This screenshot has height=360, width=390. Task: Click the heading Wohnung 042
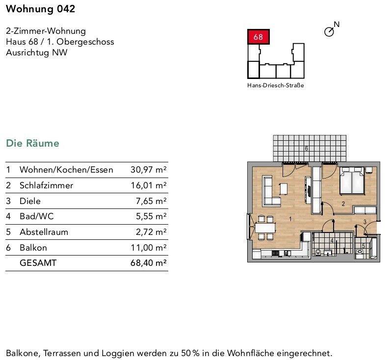[x=41, y=9]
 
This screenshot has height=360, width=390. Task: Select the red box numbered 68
[x=258, y=37]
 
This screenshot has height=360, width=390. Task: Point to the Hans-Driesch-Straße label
[x=276, y=85]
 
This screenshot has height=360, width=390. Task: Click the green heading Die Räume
[x=32, y=143]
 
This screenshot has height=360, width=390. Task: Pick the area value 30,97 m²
[x=149, y=170]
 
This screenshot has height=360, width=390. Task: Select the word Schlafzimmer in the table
[x=46, y=185]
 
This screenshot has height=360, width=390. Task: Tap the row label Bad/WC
[x=37, y=216]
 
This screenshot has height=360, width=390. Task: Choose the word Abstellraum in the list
[x=44, y=232]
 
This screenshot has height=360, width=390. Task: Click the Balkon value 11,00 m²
[x=149, y=248]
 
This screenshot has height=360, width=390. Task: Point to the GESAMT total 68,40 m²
[x=149, y=263]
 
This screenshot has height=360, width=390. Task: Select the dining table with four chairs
[x=265, y=228]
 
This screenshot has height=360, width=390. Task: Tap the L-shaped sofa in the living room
[x=271, y=191]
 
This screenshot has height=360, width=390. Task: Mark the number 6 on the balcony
[x=306, y=148]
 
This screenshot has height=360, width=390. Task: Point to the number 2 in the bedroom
[x=343, y=204]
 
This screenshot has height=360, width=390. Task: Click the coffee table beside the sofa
[x=284, y=188]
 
